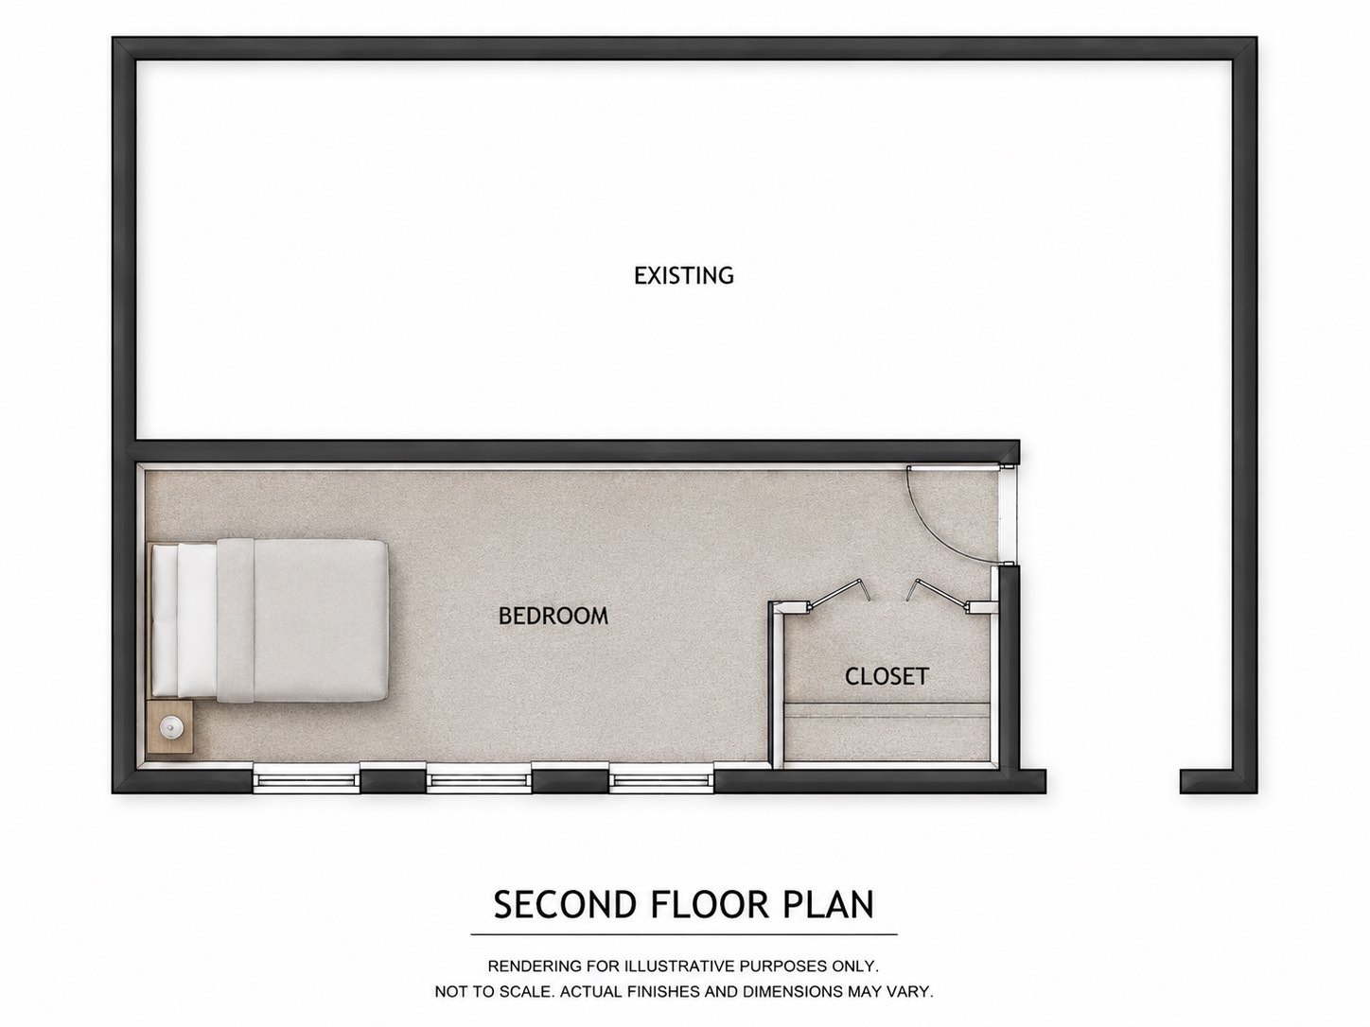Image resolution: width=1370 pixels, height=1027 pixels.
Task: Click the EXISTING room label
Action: click(683, 275)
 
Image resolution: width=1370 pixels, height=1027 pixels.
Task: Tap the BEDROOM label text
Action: click(553, 616)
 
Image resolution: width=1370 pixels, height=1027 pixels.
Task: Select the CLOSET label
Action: click(887, 676)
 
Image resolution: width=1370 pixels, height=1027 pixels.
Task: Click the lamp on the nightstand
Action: click(170, 726)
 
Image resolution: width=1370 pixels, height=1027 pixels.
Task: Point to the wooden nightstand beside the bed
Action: click(170, 726)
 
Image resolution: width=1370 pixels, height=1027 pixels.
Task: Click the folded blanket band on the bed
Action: click(236, 620)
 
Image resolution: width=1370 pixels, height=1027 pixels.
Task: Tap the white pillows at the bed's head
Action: click(185, 620)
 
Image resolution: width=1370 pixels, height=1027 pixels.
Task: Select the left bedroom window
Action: click(307, 781)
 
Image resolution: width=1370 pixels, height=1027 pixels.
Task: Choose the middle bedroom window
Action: click(479, 781)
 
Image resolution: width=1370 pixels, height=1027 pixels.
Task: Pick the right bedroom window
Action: click(661, 781)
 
